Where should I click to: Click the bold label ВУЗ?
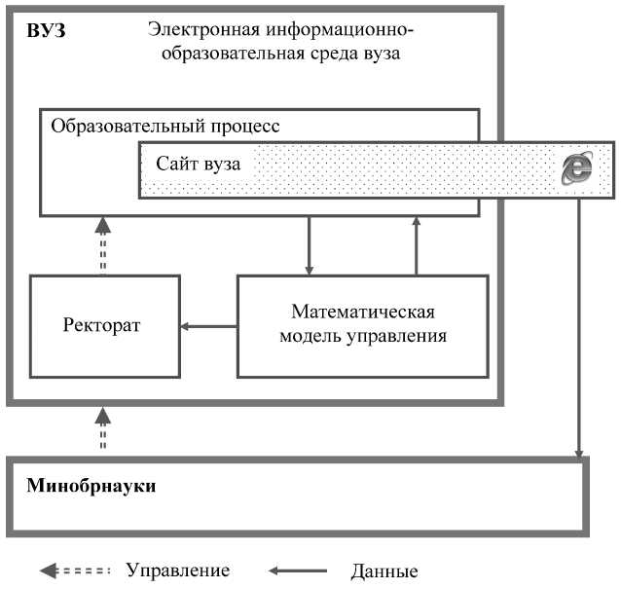46,31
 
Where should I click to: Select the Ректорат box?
105,325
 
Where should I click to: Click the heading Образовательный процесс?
165,126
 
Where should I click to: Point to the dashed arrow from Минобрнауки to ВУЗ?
102,428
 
